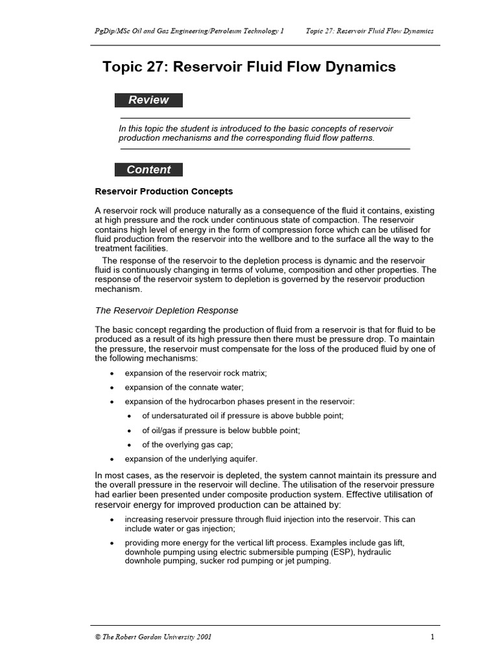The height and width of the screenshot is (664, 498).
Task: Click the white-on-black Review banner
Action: click(148, 100)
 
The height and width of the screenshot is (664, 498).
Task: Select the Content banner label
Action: click(148, 170)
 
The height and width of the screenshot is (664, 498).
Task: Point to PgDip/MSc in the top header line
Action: click(112, 31)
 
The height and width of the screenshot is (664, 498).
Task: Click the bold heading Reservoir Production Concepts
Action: click(163, 192)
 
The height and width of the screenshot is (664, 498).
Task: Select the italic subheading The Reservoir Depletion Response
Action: click(167, 311)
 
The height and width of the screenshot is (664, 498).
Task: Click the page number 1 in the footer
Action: click(432, 637)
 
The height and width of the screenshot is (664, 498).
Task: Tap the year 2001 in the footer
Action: click(202, 637)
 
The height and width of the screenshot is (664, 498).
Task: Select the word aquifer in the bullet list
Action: click(243, 458)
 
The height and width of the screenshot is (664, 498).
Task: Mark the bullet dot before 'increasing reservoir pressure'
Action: click(113, 520)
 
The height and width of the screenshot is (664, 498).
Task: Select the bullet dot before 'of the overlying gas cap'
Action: click(130, 445)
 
